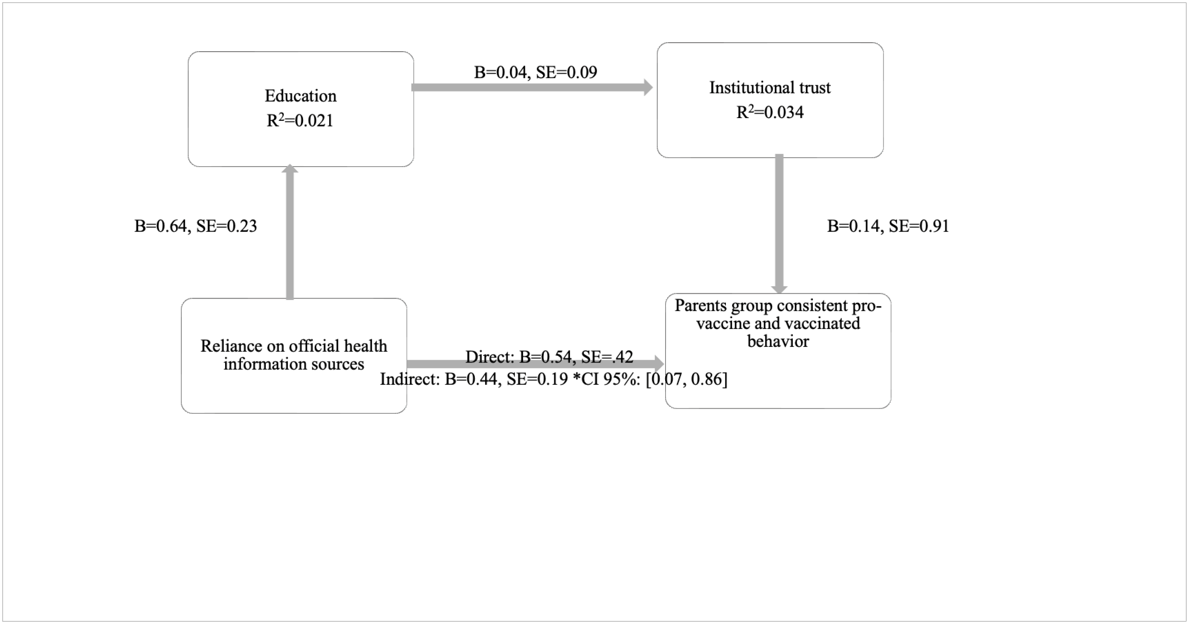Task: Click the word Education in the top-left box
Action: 301,96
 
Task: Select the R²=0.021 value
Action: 300,121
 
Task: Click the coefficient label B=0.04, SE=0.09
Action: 536,72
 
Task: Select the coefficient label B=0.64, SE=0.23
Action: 195,226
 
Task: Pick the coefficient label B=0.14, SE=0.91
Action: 888,226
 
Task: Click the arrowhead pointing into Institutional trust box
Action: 648,87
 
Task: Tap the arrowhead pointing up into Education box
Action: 290,169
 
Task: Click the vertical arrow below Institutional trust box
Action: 779,221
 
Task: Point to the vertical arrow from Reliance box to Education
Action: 290,235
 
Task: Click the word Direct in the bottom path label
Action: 489,357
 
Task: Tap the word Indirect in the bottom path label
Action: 410,379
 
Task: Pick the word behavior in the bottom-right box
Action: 778,341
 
